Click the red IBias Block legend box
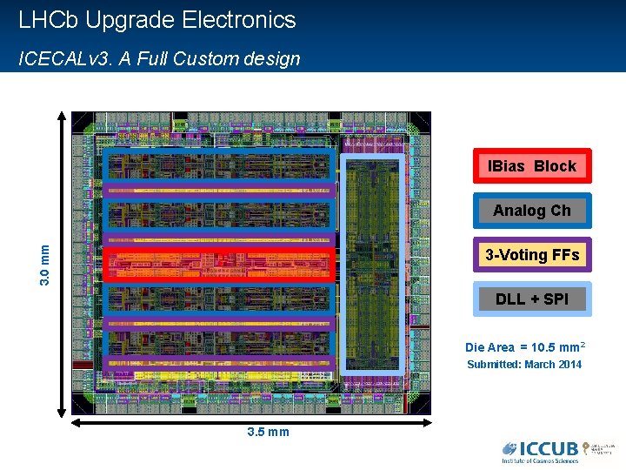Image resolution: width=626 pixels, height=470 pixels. click(531, 166)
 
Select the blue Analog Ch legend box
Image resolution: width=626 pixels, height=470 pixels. click(531, 211)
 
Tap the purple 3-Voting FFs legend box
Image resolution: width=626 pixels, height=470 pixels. click(531, 255)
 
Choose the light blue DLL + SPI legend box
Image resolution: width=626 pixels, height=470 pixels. click(531, 299)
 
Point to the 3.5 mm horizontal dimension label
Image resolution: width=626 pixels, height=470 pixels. click(268, 432)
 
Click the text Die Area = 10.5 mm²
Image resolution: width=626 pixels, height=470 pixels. click(524, 347)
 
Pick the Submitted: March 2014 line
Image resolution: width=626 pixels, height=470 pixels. click(524, 365)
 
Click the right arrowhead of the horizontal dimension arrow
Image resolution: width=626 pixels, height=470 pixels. click(427, 422)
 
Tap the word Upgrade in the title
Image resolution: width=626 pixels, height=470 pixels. click(129, 20)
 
